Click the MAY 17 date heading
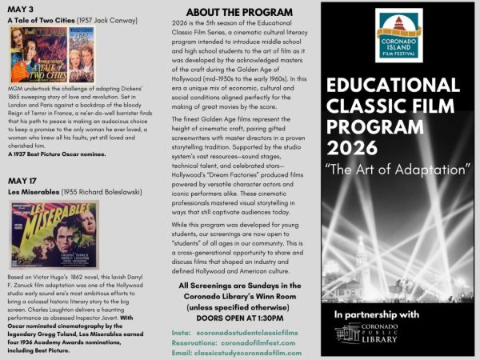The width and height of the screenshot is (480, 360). point(23,181)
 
